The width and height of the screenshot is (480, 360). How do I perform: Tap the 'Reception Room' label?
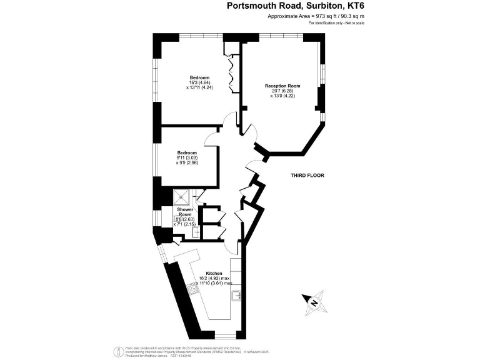click(x=282, y=86)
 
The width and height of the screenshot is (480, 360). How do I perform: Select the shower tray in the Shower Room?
click(x=184, y=197)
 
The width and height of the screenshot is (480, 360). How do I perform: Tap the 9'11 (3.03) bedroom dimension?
click(x=187, y=158)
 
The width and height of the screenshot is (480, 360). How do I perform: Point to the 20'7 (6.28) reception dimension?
click(x=282, y=91)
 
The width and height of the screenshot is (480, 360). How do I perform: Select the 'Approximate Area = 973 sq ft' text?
click(x=315, y=16)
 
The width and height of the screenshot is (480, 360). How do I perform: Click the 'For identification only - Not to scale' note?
click(x=336, y=23)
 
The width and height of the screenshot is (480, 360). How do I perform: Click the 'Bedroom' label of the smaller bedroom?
click(x=186, y=153)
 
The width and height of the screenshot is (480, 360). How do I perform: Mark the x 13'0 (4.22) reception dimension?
click(x=282, y=96)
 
